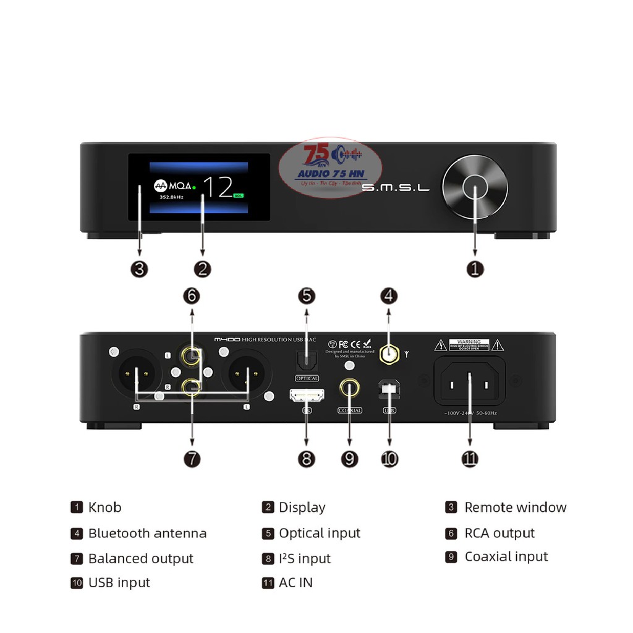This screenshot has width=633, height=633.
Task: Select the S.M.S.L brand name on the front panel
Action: (395, 187)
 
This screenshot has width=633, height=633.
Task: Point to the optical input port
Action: (307, 360)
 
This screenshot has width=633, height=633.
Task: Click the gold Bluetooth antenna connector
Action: (389, 355)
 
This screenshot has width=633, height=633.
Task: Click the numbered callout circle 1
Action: (475, 269)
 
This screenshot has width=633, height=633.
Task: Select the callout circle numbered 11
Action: (469, 459)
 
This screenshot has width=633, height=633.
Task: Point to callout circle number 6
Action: (192, 296)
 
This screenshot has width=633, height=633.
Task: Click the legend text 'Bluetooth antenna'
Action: (147, 533)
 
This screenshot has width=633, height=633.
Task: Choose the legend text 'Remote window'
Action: (515, 508)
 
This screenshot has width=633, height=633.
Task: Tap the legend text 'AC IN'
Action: (295, 582)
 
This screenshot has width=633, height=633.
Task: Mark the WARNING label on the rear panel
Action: (469, 344)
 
